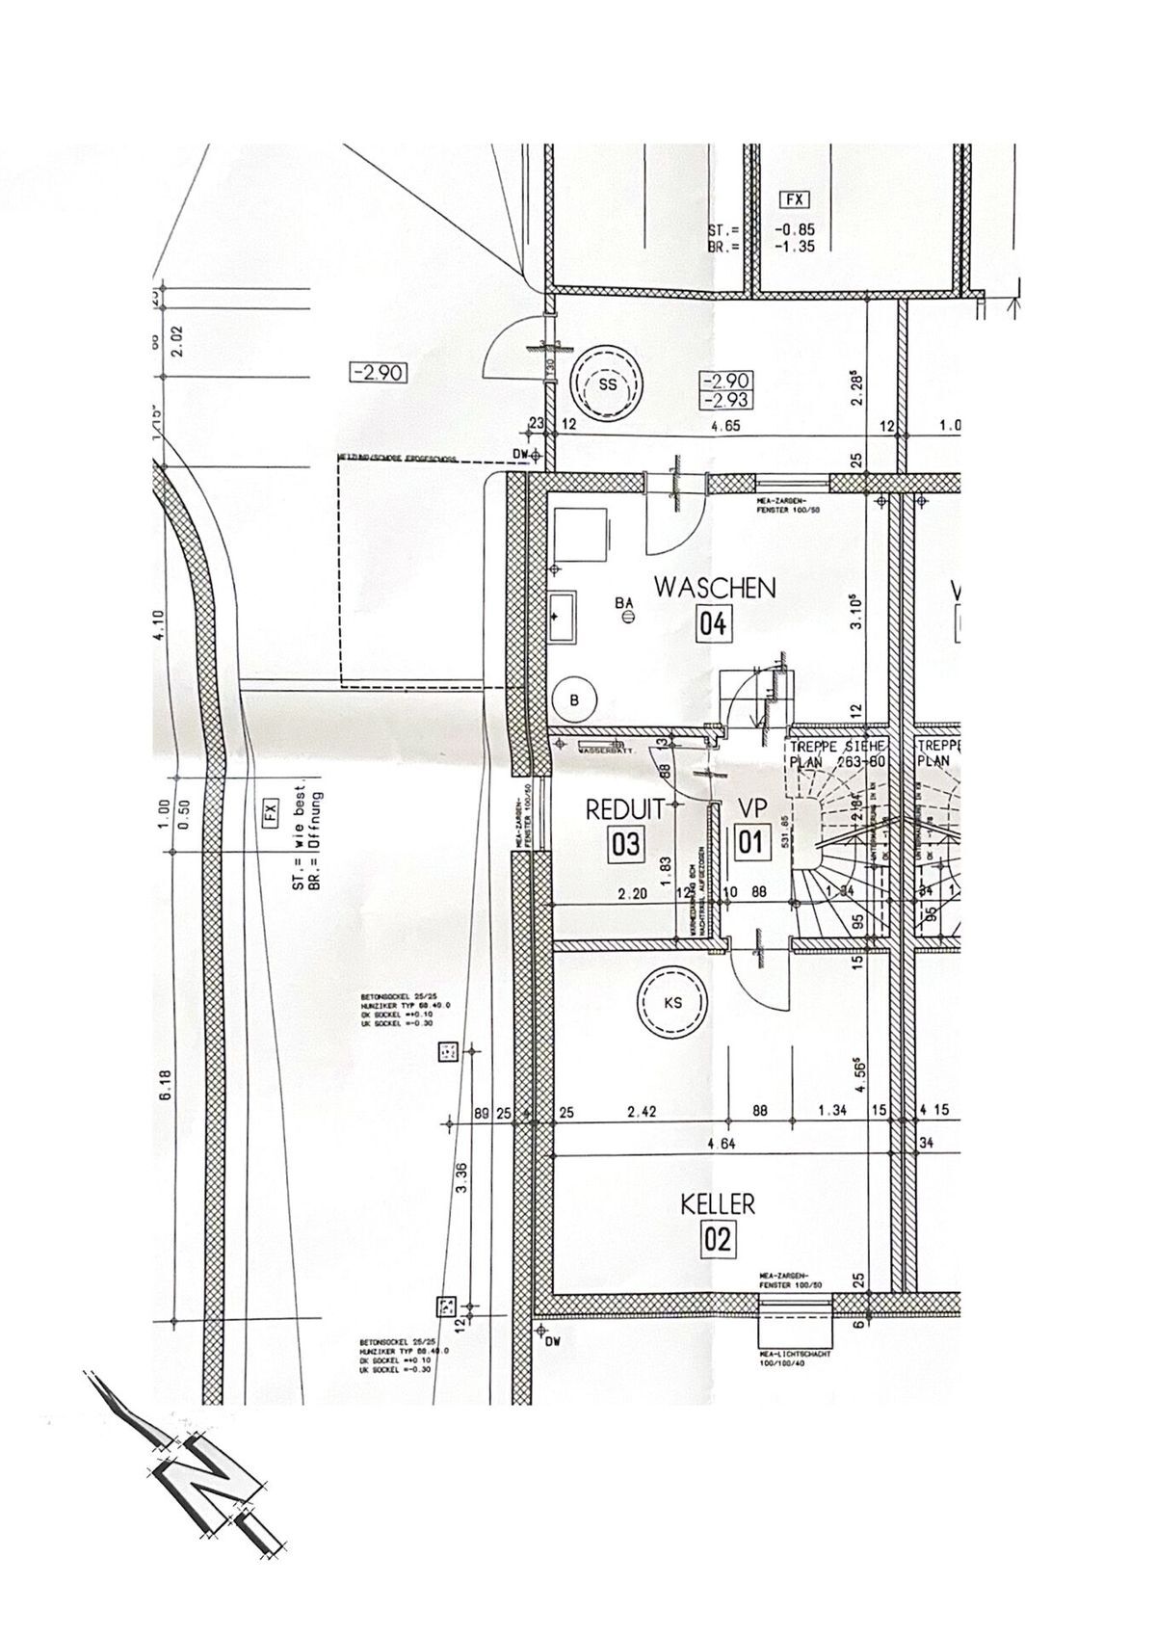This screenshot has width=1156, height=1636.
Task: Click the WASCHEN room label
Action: (x=714, y=588)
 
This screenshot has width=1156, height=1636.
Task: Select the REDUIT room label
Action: (x=625, y=810)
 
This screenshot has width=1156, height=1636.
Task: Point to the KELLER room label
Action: (x=718, y=1203)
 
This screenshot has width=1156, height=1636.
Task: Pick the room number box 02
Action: (x=719, y=1239)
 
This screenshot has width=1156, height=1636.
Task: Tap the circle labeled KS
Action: (x=672, y=1003)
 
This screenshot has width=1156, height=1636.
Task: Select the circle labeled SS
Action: (x=606, y=383)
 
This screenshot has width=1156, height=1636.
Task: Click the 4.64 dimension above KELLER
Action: (x=721, y=1145)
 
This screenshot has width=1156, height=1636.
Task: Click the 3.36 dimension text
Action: (x=463, y=1177)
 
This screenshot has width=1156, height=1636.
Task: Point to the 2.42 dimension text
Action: (x=642, y=1111)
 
